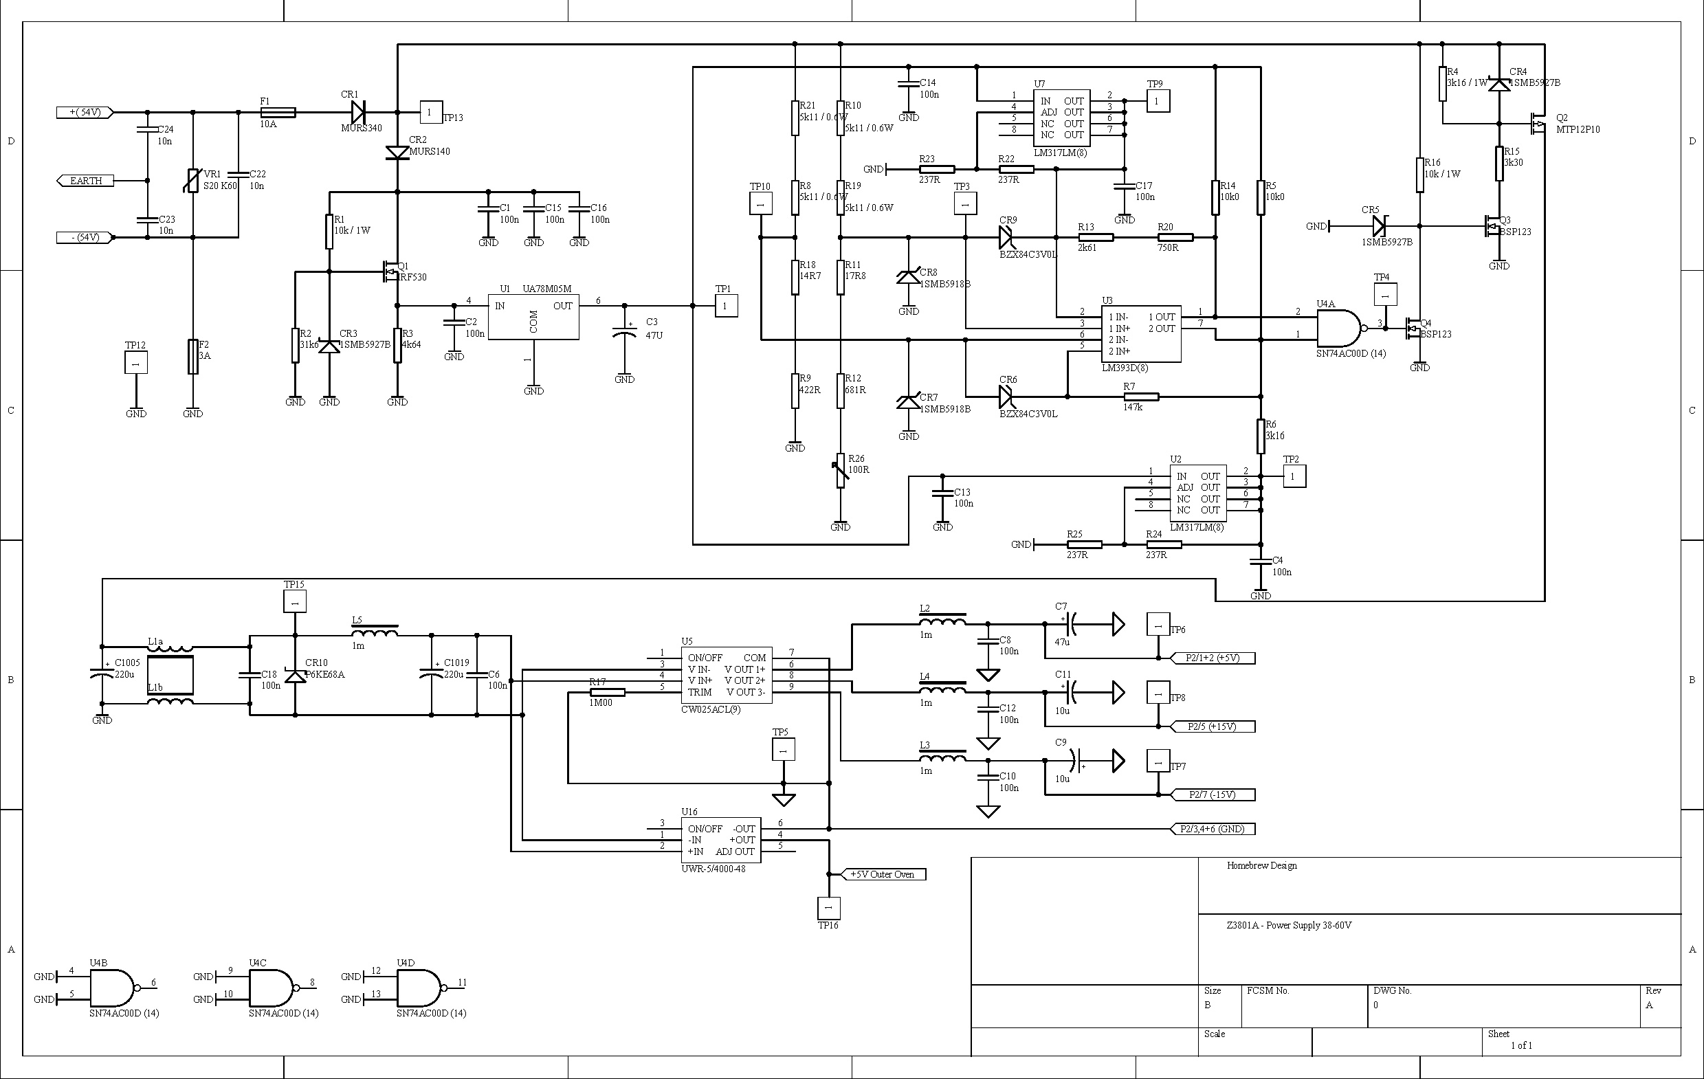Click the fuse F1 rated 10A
coord(278,113)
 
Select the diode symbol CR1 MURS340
coord(358,112)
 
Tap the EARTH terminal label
coord(86,181)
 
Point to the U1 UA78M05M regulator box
coord(533,317)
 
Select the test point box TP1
coord(725,306)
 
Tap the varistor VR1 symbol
coord(193,181)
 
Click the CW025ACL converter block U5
coord(726,675)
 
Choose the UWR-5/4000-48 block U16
coord(720,840)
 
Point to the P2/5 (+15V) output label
coord(1211,726)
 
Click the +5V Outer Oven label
coord(882,874)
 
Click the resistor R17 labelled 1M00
coord(607,692)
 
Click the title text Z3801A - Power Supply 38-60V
coord(1289,926)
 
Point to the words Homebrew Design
coord(1261,865)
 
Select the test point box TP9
coord(1158,101)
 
